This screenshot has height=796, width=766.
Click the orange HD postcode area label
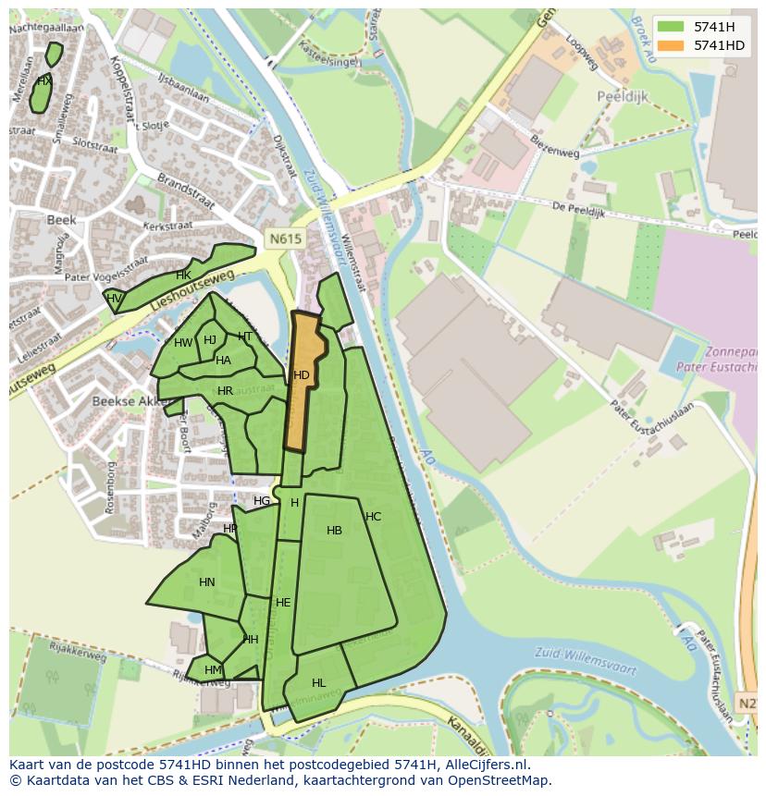[x=302, y=375]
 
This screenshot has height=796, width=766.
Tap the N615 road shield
[x=285, y=239]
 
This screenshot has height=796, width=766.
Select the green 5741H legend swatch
[x=673, y=27]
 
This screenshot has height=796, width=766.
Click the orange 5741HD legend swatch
[x=673, y=44]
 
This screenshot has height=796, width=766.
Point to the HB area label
[x=334, y=531]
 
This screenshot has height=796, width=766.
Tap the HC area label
[x=373, y=517]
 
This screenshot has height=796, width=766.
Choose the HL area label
[x=318, y=683]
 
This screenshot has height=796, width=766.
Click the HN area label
[x=206, y=582]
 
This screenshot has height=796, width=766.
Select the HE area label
[x=283, y=603]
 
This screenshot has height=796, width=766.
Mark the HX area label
[x=43, y=81]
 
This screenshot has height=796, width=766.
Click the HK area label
[x=183, y=276]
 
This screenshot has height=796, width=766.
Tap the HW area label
[x=183, y=343]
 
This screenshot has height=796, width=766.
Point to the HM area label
[x=213, y=670]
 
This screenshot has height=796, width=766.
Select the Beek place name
[x=61, y=220]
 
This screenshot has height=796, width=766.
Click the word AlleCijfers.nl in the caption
[x=486, y=765]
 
